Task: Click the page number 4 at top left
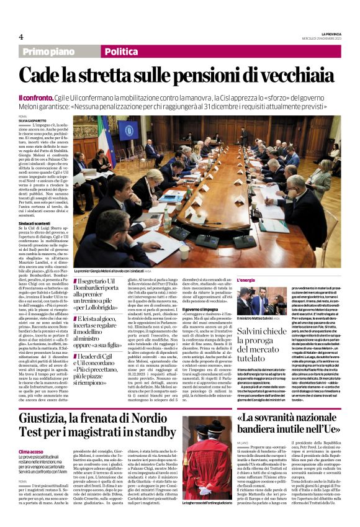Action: (x=20, y=37)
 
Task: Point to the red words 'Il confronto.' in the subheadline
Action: (x=36, y=99)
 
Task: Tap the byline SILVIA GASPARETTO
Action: (x=32, y=120)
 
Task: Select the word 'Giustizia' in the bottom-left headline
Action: (x=47, y=407)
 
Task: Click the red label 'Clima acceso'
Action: (x=31, y=434)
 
